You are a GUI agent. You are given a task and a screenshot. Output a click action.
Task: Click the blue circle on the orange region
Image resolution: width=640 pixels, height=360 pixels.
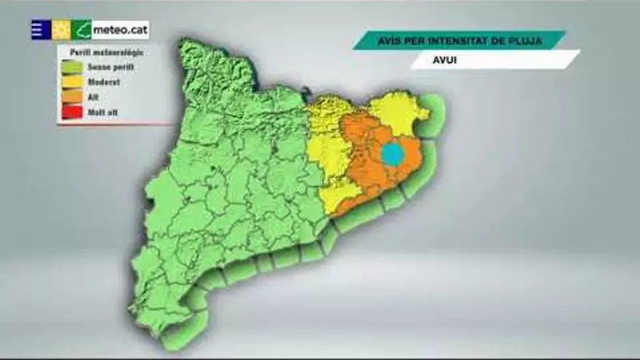pyautogui.click(x=392, y=154)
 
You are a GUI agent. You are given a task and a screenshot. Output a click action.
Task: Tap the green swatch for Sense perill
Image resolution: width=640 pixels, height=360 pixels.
pyautogui.click(x=72, y=67)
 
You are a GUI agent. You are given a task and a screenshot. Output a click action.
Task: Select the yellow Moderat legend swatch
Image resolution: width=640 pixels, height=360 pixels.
pyautogui.click(x=72, y=82)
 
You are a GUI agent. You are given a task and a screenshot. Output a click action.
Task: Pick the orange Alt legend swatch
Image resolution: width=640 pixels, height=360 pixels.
pyautogui.click(x=72, y=97)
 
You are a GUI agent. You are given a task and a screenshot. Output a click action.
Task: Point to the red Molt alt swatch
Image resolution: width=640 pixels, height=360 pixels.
pyautogui.click(x=72, y=112)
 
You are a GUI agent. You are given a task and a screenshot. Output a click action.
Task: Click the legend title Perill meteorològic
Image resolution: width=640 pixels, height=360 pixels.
pyautogui.click(x=106, y=52)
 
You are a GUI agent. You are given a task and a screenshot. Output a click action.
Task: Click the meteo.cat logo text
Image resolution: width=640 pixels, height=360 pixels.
pyautogui.click(x=120, y=30)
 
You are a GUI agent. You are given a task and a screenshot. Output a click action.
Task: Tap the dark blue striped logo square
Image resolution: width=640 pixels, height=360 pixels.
pyautogui.click(x=41, y=30)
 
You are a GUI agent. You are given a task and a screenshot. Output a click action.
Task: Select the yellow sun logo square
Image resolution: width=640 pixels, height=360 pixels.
pyautogui.click(x=61, y=30)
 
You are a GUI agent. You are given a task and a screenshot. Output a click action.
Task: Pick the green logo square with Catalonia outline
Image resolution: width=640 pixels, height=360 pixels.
pyautogui.click(x=81, y=30)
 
